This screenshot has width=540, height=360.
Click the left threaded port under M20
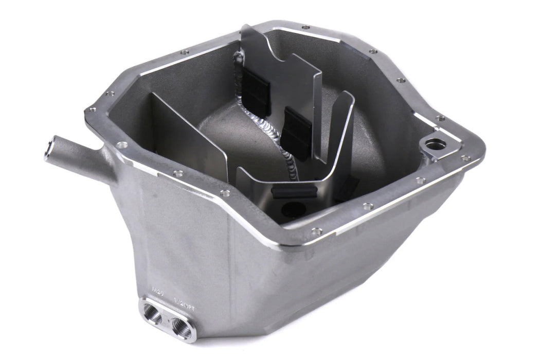pos(153,313)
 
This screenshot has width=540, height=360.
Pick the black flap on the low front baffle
pos(293,191)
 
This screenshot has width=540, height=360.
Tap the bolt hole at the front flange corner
pos(316,231)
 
